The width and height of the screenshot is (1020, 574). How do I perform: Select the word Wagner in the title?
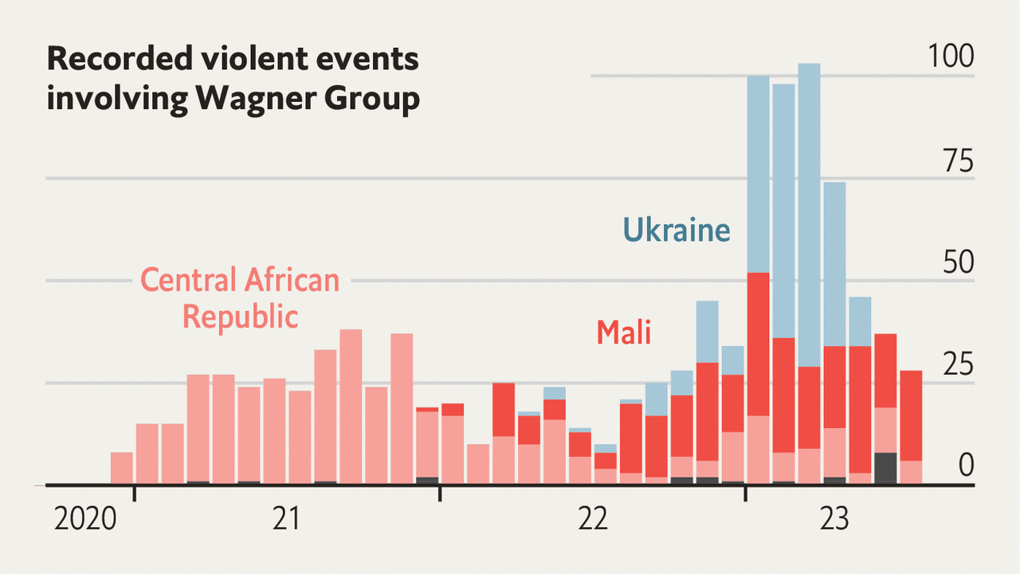tap(245, 99)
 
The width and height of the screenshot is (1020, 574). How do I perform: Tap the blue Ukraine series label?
tap(676, 230)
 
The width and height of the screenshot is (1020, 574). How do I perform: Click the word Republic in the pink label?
tap(240, 316)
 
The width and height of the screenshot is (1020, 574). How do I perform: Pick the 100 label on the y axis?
tap(950, 57)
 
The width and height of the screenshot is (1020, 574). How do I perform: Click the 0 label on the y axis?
tap(966, 466)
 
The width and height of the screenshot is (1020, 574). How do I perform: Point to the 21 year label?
tap(286, 520)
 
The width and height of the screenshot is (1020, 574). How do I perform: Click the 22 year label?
tap(592, 520)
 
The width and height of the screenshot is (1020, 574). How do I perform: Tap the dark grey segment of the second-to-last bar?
tap(885, 468)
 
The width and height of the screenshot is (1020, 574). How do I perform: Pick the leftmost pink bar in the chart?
tap(121, 468)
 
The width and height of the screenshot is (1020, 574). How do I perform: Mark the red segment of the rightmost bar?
tap(911, 415)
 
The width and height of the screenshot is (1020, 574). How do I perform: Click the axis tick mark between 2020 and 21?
tap(134, 493)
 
